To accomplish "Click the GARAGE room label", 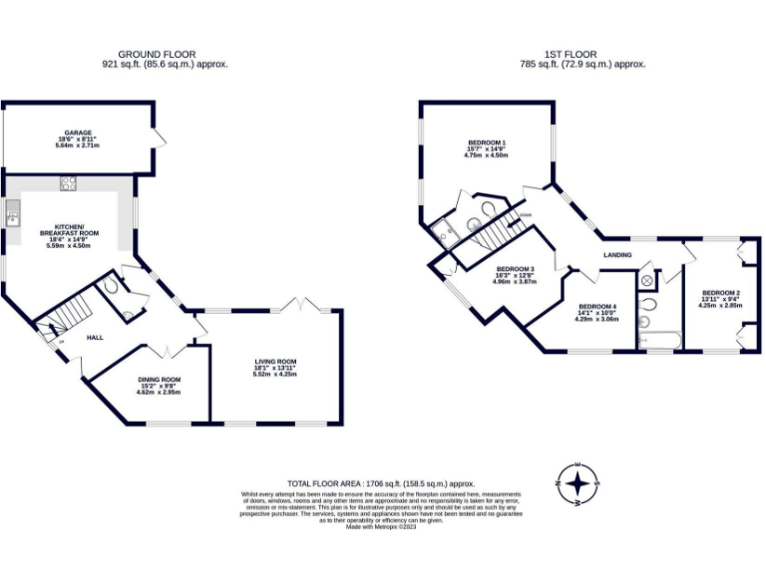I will pos(79,133).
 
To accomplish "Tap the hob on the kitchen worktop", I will pos(69,182).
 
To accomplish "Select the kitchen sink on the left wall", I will pos(12,212).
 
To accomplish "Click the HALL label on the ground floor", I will pos(95,338).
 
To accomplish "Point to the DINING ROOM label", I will pos(159,379).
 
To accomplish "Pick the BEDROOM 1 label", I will pos(486,143).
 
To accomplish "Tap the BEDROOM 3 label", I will pos(515,269).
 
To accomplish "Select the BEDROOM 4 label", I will pos(598,307).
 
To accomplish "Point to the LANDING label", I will pos(617,255).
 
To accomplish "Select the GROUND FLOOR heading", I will pos(157,54).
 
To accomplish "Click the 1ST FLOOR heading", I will pos(573,54).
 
